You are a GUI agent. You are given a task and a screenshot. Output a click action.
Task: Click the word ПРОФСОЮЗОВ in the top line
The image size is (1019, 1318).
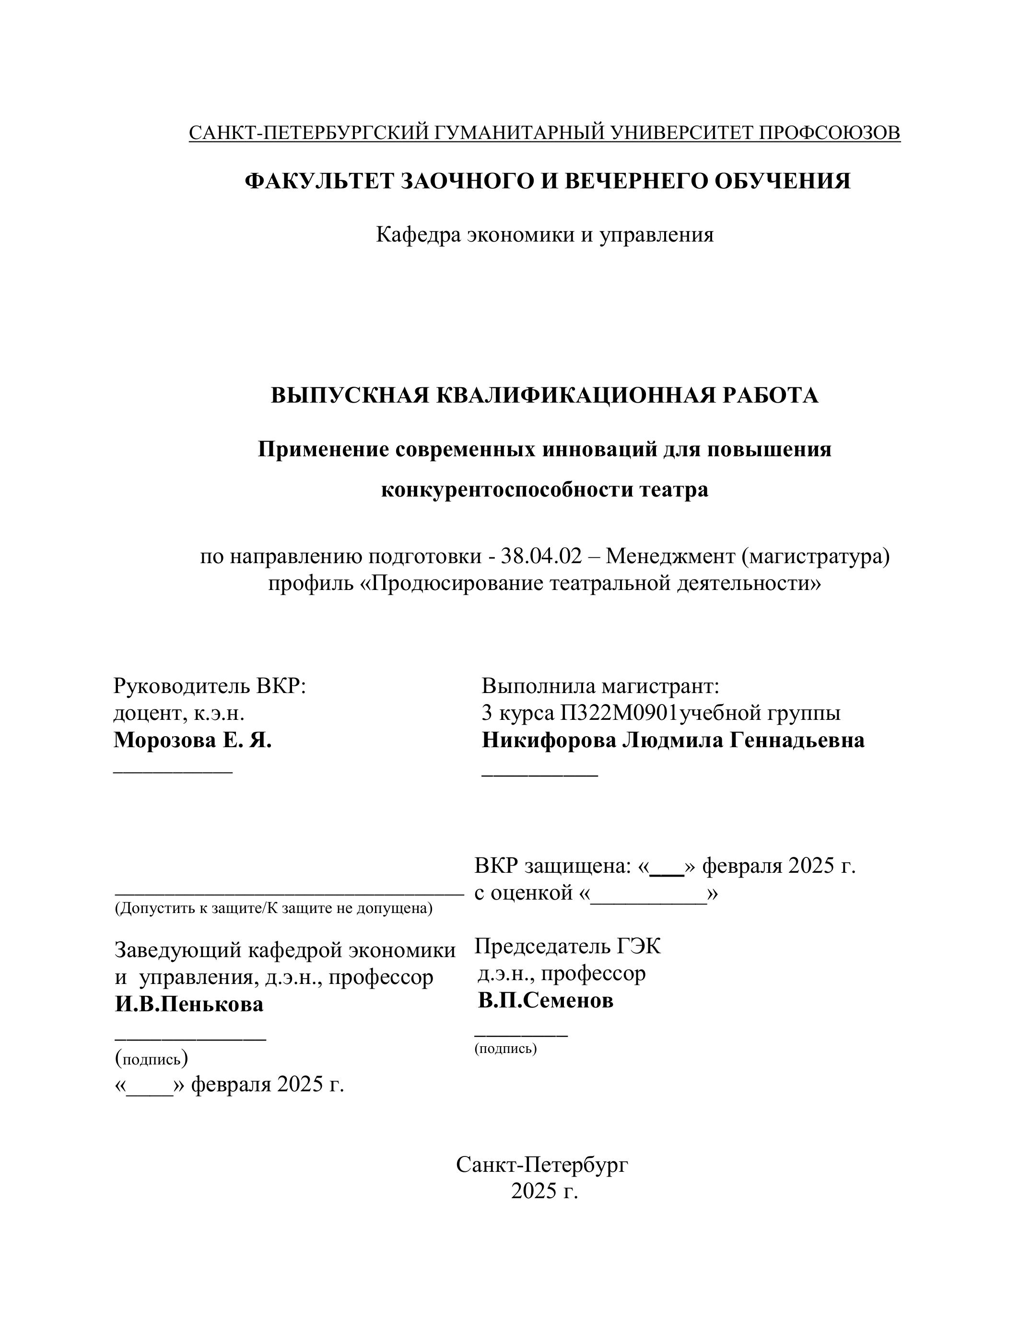point(829,133)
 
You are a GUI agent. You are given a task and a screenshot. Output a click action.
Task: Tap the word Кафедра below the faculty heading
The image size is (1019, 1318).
point(418,234)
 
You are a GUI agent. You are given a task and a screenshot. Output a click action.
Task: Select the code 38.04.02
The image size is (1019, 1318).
point(541,556)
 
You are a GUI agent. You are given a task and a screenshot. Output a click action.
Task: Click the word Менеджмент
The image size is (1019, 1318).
point(670,556)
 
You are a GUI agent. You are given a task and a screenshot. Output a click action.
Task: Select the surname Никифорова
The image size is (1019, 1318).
point(548,740)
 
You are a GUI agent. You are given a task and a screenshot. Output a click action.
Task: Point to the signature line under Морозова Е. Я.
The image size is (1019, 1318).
point(173,770)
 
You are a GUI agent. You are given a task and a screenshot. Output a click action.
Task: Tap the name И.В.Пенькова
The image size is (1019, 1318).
point(189,1004)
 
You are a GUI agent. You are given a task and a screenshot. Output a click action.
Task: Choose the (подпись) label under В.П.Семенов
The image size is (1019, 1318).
point(505,1048)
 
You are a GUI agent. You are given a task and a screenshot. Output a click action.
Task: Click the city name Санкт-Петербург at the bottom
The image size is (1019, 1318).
point(542,1164)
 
